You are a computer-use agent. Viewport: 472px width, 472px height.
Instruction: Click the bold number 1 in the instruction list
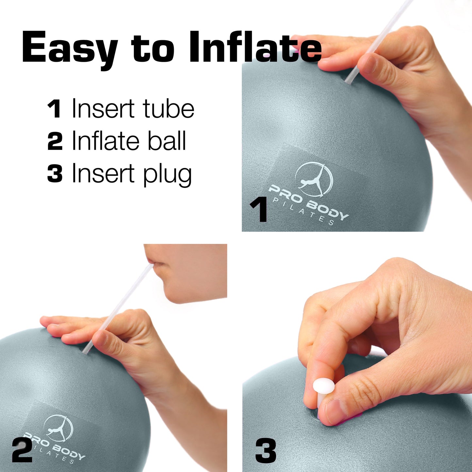pyautogui.click(x=54, y=109)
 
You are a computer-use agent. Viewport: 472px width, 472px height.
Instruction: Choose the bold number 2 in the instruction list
pyautogui.click(x=55, y=141)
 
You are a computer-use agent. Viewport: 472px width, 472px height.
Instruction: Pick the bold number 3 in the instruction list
pyautogui.click(x=55, y=174)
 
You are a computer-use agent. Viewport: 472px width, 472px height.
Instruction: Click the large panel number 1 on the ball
pyautogui.click(x=259, y=211)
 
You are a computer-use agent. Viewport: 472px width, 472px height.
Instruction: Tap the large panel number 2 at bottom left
pyautogui.click(x=22, y=451)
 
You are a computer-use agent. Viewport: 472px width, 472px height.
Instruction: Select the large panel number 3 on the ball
pyautogui.click(x=266, y=451)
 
